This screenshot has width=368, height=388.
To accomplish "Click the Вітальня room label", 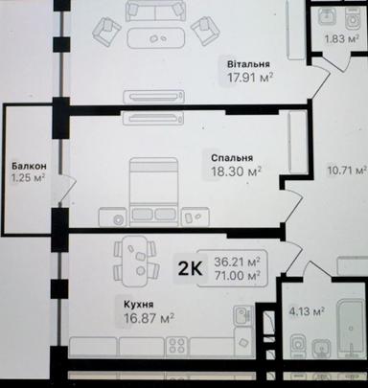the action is tap(248, 64).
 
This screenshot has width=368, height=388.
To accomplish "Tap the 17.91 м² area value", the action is tap(250, 78).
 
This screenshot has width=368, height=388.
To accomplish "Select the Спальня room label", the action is tap(232, 158).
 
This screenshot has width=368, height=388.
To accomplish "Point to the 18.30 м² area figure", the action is tap(237, 171).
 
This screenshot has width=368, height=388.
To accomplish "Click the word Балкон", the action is tap(29, 166).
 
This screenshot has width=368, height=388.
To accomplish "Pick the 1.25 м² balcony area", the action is tap(28, 177).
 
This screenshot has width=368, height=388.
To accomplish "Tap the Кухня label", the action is tap(139, 305).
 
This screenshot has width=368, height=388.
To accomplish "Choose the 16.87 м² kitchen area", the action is tap(149, 318).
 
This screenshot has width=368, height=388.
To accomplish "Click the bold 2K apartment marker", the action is tap(190, 268).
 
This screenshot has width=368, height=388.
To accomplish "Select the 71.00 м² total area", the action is tap(237, 275).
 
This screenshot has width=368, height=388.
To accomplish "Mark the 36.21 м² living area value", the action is tap(237, 262).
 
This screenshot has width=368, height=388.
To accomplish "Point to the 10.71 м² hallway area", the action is tap(347, 171).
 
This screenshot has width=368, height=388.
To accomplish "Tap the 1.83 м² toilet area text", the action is tap(341, 39).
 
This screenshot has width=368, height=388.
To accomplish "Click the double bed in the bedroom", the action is tap(153, 192).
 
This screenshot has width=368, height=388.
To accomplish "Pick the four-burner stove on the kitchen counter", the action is tap(177, 346).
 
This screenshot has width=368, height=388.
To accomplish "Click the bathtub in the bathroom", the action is tap(352, 329).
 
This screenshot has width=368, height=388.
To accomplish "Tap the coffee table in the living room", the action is tap(156, 38).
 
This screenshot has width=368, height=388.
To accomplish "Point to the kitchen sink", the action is tap(243, 314).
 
